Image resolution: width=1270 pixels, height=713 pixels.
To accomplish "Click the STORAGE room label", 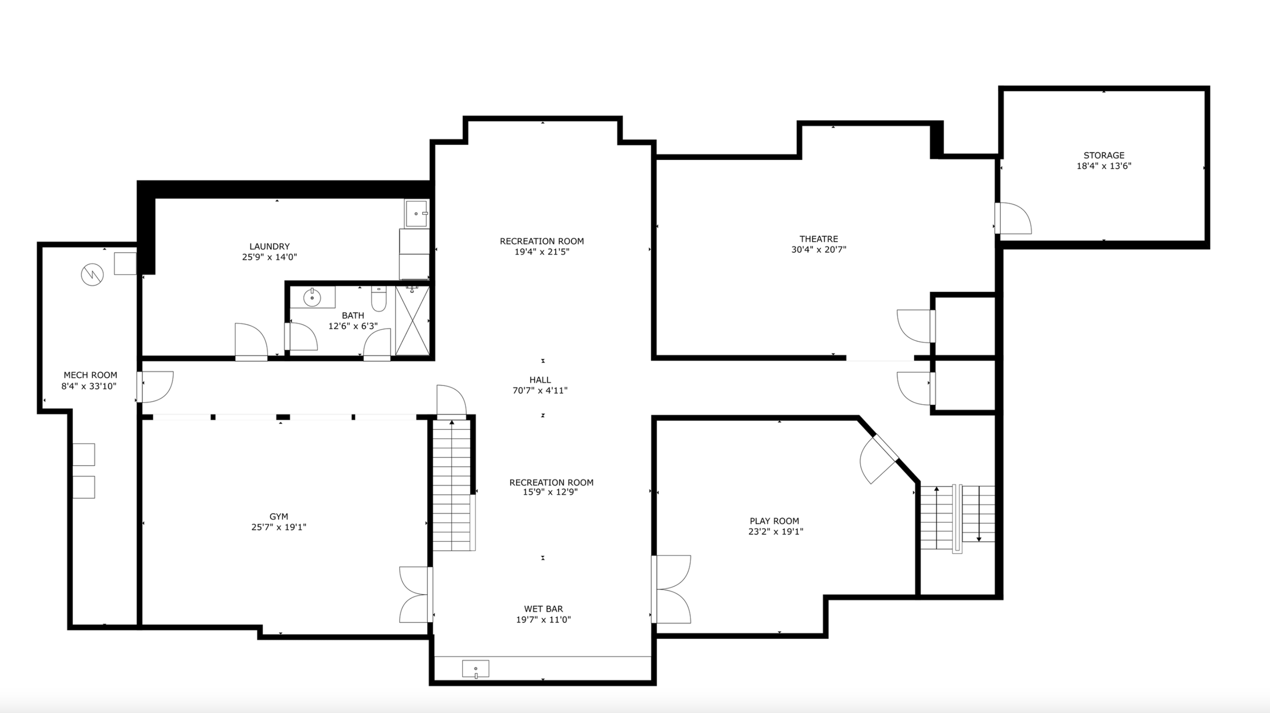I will (1104, 155).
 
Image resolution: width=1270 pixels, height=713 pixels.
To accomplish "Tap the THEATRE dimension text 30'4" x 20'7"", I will (818, 249).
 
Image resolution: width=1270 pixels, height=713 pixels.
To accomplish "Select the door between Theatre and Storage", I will (1012, 218).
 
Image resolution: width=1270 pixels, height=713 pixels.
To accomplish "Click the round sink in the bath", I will (312, 298).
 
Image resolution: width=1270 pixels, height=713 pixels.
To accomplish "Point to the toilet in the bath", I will (378, 299).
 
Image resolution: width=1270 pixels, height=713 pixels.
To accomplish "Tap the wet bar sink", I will (475, 669).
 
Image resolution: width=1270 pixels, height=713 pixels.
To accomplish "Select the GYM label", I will (279, 517).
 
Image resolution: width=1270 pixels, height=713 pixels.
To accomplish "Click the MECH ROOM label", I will (90, 375).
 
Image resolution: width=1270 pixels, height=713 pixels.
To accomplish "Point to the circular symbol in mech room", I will (92, 275).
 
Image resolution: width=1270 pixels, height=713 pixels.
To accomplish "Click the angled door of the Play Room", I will (879, 459).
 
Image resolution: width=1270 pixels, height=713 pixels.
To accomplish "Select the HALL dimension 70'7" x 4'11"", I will (540, 391).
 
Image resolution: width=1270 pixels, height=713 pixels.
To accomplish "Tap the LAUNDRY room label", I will (269, 247).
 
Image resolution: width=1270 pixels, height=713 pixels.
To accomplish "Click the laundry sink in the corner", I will (417, 213).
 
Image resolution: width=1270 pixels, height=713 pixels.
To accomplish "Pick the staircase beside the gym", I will (452, 485).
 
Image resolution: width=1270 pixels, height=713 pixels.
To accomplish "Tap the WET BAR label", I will (544, 609).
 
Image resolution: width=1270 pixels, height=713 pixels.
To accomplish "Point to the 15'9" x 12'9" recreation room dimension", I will (551, 492).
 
